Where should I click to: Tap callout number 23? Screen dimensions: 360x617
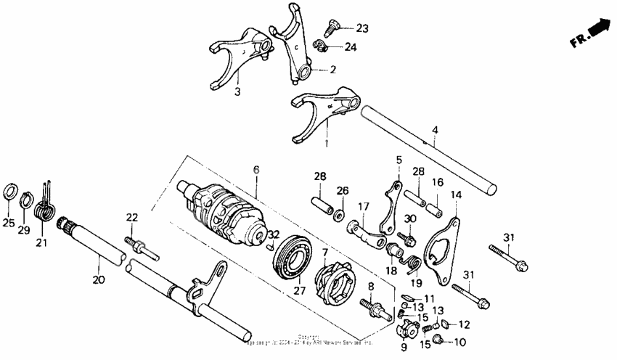point(361,29)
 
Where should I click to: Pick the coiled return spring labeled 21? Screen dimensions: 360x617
point(46,210)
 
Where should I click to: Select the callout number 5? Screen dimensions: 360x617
point(399,159)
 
